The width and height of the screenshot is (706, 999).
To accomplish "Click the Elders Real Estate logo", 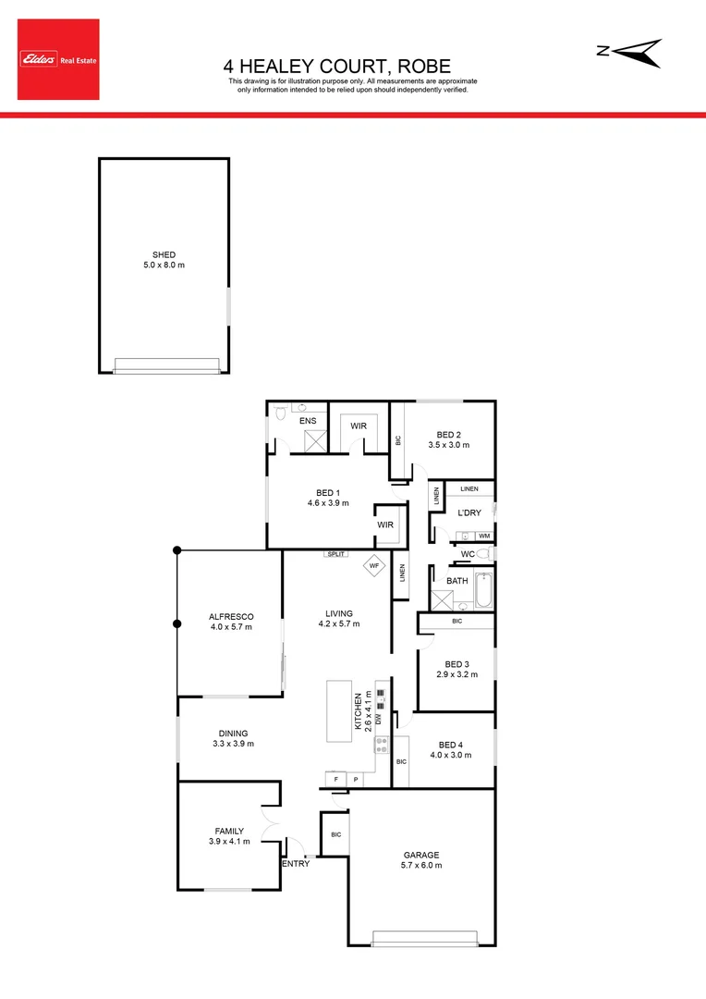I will [x=57, y=60].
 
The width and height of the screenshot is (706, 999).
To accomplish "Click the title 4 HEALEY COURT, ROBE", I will [x=337, y=67].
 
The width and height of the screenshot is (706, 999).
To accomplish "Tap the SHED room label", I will [x=164, y=255].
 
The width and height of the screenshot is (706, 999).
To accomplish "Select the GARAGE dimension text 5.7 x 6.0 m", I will [x=421, y=866].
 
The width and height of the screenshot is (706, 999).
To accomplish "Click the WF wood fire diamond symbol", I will [x=374, y=565].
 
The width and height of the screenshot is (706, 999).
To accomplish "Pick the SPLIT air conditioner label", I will [x=335, y=554].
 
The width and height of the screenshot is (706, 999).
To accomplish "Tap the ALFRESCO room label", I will [x=231, y=616].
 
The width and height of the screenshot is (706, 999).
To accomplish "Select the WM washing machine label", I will [x=483, y=536].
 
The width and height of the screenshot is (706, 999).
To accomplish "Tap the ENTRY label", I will [x=296, y=864].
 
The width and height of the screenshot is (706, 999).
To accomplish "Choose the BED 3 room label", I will [x=457, y=664].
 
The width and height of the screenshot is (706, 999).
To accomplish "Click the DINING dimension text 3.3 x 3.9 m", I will [x=233, y=744].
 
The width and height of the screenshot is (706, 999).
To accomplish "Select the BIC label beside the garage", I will [x=335, y=835].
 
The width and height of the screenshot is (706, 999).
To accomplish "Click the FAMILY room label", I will [x=229, y=831].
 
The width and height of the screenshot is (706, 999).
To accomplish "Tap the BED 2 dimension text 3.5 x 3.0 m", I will [x=449, y=445].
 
